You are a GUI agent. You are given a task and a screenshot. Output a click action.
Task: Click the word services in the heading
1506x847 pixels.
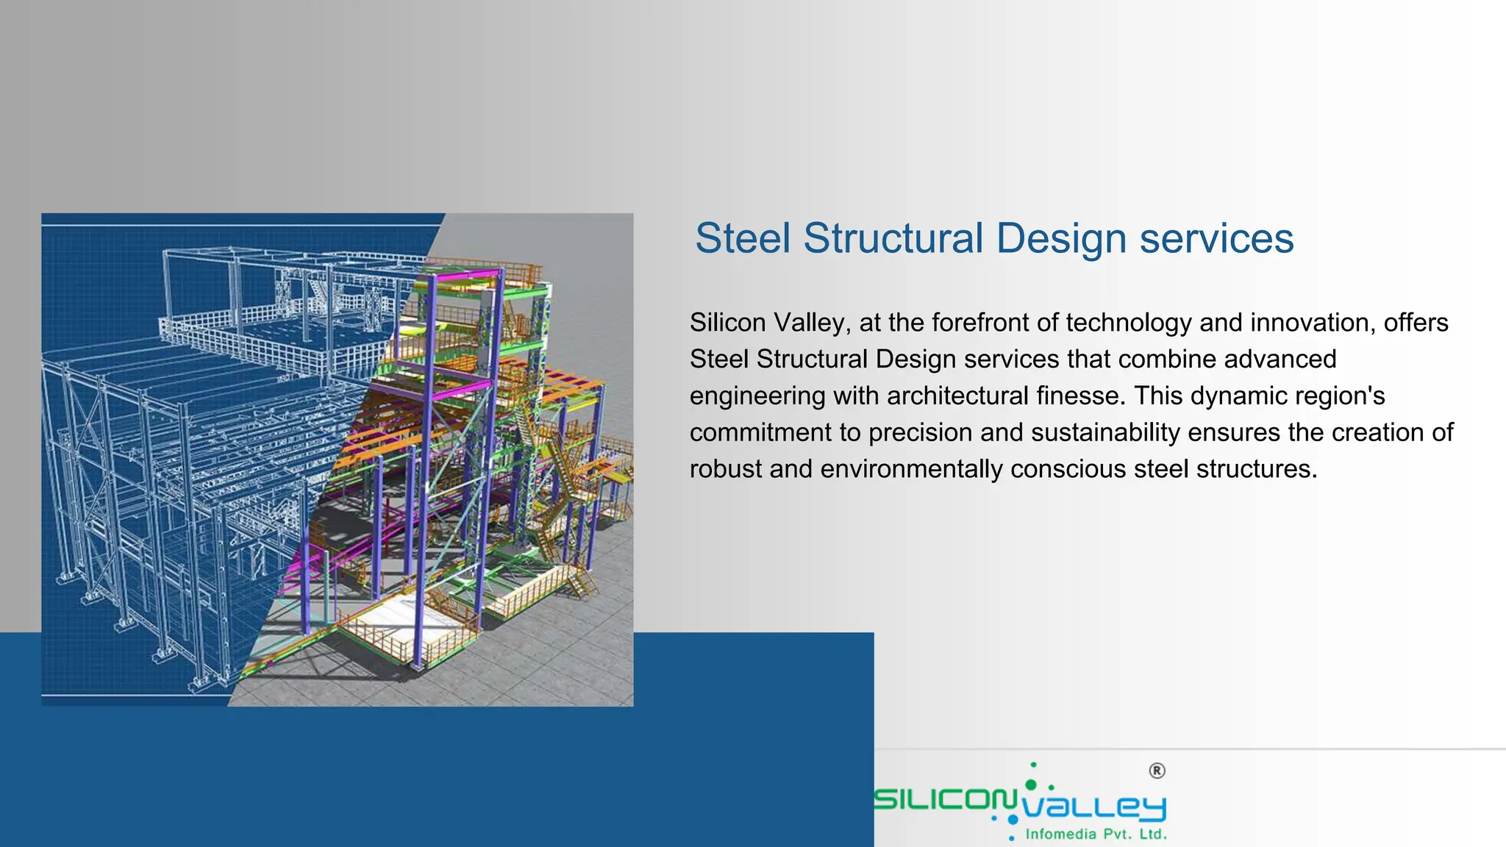coord(1216,238)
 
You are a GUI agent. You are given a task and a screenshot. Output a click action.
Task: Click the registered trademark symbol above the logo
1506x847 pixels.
coord(1157,771)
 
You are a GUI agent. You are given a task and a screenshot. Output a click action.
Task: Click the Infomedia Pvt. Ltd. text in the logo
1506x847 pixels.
coord(1096,834)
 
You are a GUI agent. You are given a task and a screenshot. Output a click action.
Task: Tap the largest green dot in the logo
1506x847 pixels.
coord(1030,786)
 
